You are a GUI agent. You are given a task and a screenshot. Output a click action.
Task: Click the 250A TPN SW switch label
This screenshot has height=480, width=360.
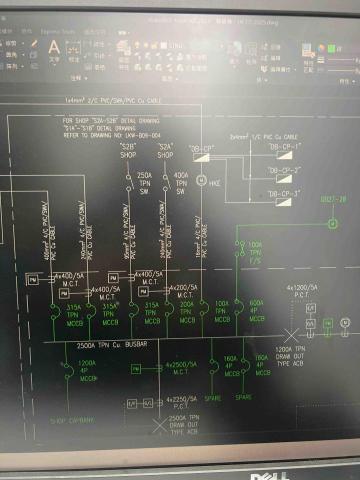click(145, 186)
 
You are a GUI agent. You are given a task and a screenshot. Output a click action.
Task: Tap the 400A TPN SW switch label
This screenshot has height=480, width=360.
click(181, 186)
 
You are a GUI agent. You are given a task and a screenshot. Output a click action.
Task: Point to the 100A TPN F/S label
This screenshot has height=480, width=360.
click(255, 250)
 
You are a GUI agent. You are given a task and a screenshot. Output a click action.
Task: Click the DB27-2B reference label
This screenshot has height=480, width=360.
click(332, 200)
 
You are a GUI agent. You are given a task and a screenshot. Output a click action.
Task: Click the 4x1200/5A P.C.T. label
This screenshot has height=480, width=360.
click(302, 291)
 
